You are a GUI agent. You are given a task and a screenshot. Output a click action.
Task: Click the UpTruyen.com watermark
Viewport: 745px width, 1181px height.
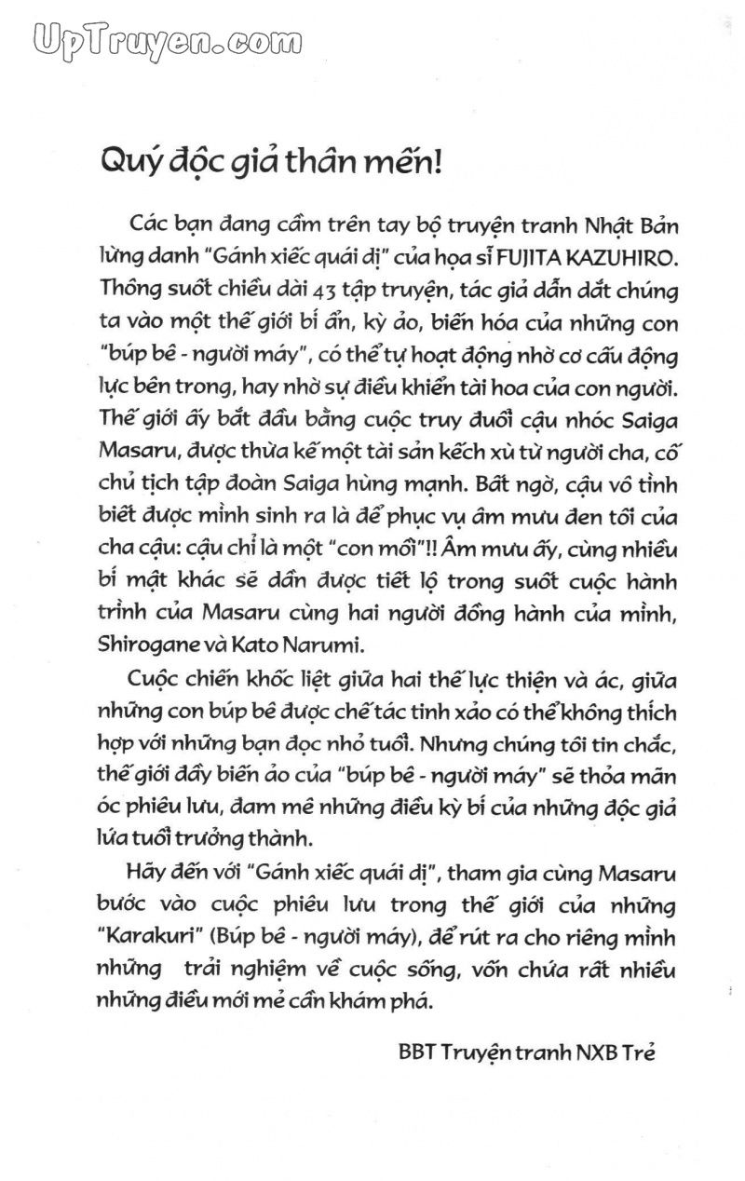[148, 40]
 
